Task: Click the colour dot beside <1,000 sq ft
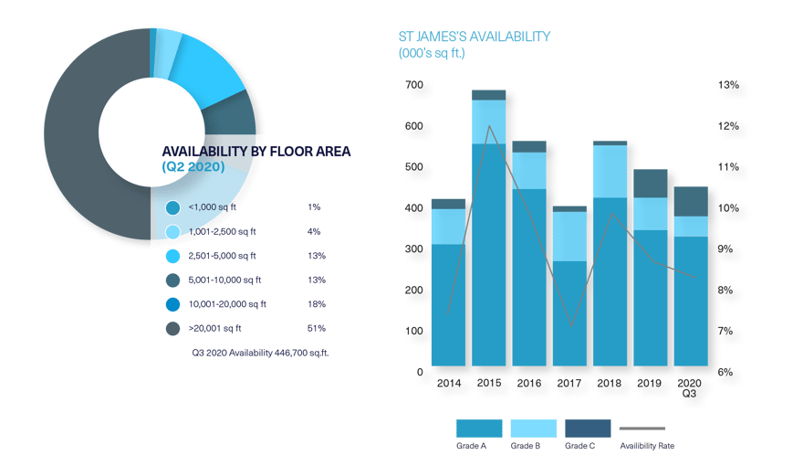(172, 207)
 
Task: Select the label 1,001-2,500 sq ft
(223, 231)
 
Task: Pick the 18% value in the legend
(317, 304)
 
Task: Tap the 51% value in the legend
(317, 328)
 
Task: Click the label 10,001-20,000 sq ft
(227, 304)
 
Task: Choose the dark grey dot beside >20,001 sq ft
(172, 328)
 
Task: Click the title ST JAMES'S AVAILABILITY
(474, 37)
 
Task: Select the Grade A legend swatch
(479, 428)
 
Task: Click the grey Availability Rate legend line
(642, 428)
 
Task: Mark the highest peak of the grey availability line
(490, 126)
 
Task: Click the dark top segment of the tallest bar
(489, 94)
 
